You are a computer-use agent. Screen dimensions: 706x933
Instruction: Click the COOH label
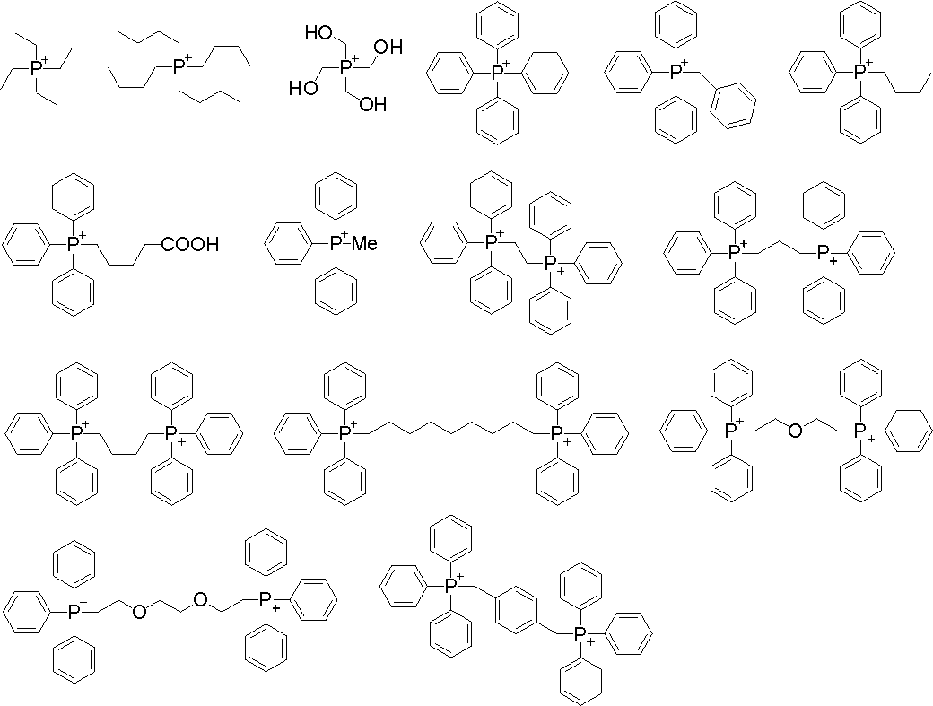189,244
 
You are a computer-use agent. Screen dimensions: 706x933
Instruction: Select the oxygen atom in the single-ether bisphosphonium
794,431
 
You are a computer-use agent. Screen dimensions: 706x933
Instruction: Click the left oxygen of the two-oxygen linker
139,612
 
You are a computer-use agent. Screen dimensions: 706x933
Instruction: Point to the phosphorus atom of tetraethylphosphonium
37,68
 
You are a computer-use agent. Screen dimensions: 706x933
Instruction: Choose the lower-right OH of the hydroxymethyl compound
372,104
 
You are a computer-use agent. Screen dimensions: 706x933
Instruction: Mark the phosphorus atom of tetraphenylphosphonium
500,72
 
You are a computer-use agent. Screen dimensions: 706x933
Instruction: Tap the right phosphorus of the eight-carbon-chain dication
556,433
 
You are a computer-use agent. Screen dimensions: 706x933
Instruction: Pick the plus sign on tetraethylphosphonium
46,59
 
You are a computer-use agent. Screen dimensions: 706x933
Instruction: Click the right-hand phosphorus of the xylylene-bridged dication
579,634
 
